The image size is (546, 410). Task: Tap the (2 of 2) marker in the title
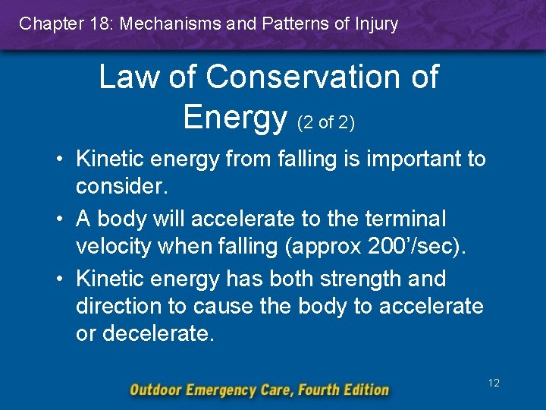(327, 121)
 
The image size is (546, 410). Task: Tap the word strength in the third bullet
(352, 279)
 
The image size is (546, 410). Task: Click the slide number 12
(494, 383)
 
